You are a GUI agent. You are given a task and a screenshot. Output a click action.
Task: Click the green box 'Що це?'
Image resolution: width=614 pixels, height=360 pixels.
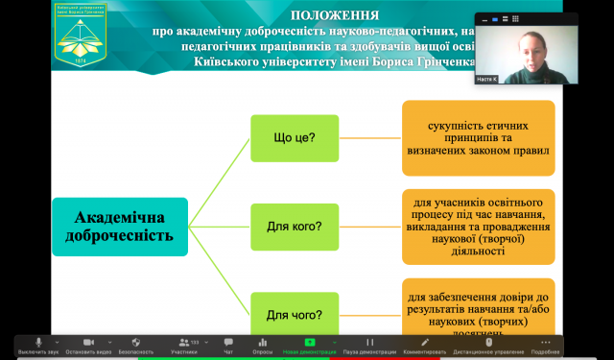point(295,137)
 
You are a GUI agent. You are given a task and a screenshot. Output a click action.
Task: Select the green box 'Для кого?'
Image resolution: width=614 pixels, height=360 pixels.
point(295,228)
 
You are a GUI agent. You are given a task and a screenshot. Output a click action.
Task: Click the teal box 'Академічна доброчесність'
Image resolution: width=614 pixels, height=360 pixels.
point(120,227)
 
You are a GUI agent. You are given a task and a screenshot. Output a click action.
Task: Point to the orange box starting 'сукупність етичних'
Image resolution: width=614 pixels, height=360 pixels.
point(479,137)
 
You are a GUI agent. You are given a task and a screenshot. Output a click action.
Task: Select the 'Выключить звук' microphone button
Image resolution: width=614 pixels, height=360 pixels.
point(39,345)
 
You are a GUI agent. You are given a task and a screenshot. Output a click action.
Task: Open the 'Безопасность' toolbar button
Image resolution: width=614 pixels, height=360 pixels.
point(134,345)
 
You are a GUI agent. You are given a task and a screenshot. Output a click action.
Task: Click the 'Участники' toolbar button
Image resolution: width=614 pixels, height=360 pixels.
point(184,345)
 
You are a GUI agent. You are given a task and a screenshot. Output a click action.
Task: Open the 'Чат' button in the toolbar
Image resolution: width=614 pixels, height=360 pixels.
point(228,345)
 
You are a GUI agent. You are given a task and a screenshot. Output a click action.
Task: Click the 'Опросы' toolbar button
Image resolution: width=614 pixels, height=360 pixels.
point(263,345)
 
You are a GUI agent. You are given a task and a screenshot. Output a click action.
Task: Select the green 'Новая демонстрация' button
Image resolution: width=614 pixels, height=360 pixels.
point(309,345)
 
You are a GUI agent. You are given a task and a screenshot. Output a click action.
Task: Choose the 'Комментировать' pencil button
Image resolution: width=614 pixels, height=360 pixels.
point(425,345)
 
